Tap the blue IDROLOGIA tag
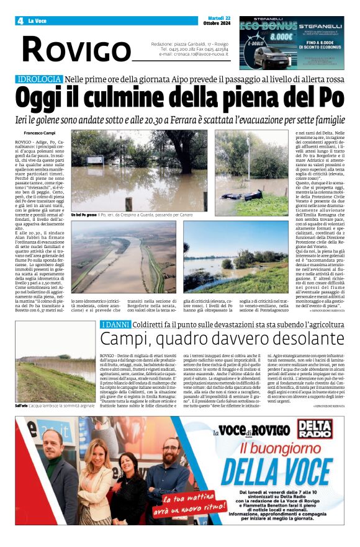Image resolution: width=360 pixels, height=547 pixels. tap(39, 79)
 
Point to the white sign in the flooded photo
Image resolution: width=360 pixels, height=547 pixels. tap(95, 159)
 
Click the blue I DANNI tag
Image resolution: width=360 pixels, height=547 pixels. tap(115, 324)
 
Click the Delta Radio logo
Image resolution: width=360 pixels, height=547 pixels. tap(314, 430)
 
